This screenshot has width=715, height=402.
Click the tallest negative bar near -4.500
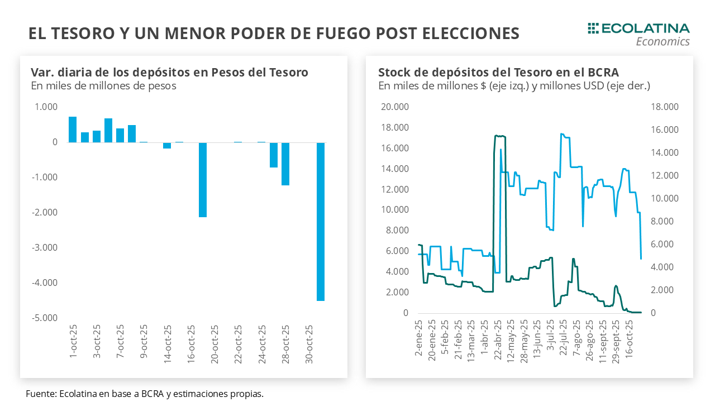pyautogui.click(x=321, y=221)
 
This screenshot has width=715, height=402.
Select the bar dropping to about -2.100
pyautogui.click(x=203, y=179)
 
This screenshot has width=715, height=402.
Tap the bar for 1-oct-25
pyautogui.click(x=73, y=130)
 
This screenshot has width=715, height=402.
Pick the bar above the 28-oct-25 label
pyautogui.click(x=285, y=164)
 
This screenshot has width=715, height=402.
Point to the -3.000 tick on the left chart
pyautogui.click(x=47, y=247)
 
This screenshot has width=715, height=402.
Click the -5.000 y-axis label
pyautogui.click(x=47, y=318)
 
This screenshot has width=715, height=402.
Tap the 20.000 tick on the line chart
pyautogui.click(x=395, y=107)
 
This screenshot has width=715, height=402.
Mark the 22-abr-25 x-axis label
pyautogui.click(x=497, y=338)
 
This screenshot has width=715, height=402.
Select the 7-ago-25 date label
pyautogui.click(x=576, y=337)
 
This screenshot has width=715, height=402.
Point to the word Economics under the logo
pyautogui.click(x=663, y=42)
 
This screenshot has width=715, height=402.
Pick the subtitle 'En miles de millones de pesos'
pyautogui.click(x=103, y=86)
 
